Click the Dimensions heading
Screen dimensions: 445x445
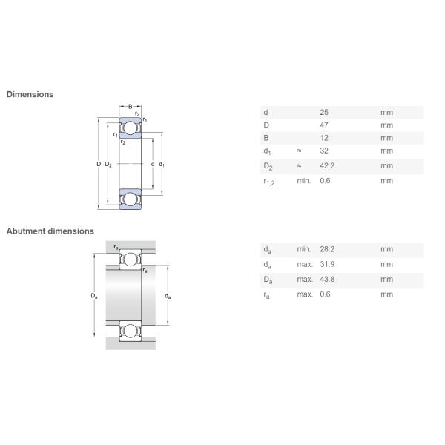(x=30, y=94)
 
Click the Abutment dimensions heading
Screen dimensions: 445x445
(x=50, y=231)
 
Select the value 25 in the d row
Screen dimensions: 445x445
(x=324, y=113)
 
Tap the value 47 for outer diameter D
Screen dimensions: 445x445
(x=324, y=125)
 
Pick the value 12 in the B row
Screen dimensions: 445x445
(x=324, y=138)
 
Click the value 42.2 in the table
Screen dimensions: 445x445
(x=327, y=165)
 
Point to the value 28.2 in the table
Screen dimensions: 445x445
(x=327, y=249)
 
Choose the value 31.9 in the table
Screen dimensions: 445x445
(x=327, y=264)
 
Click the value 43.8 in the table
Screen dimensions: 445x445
(x=327, y=280)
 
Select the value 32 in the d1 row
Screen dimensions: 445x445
(x=324, y=151)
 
